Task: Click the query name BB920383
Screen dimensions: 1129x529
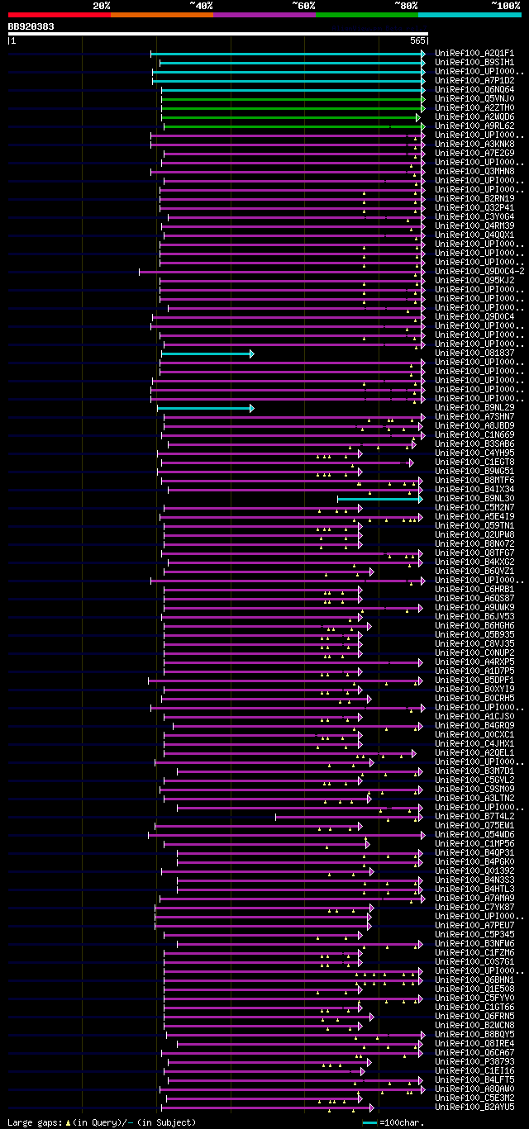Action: [x=31, y=26]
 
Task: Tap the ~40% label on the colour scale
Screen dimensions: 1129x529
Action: [x=201, y=5]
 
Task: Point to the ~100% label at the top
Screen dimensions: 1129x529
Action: [x=505, y=5]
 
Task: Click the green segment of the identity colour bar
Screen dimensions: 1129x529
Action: [x=366, y=14]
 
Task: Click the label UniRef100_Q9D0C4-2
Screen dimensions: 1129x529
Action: [x=479, y=271]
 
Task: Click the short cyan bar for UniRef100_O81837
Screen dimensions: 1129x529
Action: [x=207, y=353]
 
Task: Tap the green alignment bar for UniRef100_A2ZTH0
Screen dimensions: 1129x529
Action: [x=289, y=107]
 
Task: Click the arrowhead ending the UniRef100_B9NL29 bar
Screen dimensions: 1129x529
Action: [x=251, y=408]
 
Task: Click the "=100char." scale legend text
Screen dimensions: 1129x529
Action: [x=402, y=1122]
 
